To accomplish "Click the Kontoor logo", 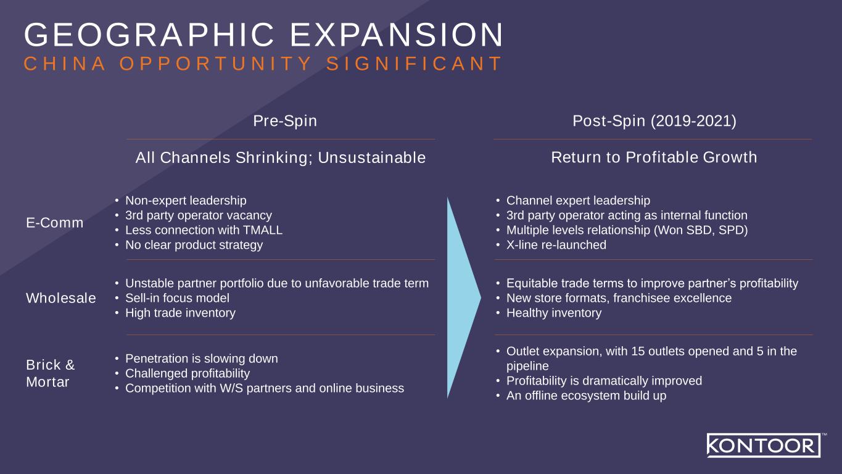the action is [763, 445].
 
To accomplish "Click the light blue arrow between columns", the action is [461, 297].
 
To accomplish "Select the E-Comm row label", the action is [55, 223].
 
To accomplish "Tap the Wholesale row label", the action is [61, 298].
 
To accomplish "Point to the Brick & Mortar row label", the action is [51, 373].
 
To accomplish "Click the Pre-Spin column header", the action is [285, 121].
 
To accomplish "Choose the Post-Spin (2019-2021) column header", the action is [654, 121].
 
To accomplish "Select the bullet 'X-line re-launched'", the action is [556, 245].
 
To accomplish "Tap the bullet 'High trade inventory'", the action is [180, 313].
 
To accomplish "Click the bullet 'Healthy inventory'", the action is [553, 313].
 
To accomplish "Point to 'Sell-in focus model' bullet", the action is [177, 298].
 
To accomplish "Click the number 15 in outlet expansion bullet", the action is [638, 351].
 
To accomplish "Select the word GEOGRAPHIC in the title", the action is [149, 35].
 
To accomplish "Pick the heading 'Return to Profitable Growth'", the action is [654, 157].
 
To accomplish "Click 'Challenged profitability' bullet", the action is [188, 373].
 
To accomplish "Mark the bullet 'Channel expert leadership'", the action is [578, 201].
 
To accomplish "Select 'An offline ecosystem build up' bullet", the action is [586, 396].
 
